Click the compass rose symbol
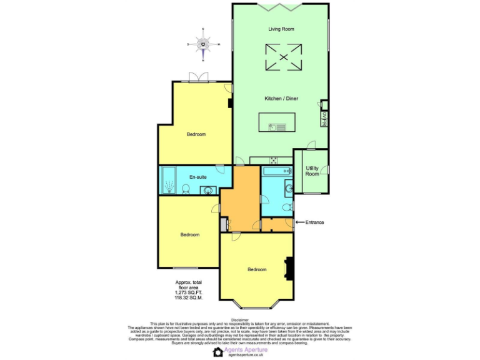[204, 44]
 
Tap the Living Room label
[281, 29]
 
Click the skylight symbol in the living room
[282, 57]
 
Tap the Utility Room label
[312, 171]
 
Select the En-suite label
[197, 177]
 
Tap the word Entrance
[314, 222]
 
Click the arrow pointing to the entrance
[299, 222]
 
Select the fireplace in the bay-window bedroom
[289, 269]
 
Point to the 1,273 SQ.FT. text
[188, 292]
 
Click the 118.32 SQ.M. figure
[188, 297]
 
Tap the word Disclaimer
[239, 319]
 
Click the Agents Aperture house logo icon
[217, 352]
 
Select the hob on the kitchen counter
[274, 161]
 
